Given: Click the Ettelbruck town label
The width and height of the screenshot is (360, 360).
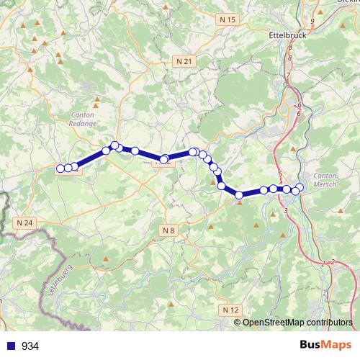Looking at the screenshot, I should (x=289, y=34).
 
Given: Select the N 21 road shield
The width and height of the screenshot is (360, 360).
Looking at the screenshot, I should (x=184, y=62).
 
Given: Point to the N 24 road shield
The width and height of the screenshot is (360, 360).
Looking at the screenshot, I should (x=24, y=223).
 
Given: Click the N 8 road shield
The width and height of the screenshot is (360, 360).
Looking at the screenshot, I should (x=168, y=230).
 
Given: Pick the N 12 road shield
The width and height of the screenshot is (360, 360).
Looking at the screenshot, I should (x=231, y=310).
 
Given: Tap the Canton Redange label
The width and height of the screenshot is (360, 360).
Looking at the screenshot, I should (x=84, y=119).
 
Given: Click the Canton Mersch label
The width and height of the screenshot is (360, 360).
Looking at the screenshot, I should (x=325, y=179).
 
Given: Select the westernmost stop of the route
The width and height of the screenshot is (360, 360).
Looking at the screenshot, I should (x=60, y=168).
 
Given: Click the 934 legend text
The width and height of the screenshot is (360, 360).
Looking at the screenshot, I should (x=30, y=346).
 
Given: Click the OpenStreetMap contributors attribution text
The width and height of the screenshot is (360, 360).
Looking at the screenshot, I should (x=297, y=322).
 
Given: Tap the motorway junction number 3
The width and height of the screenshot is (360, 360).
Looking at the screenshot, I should (x=287, y=210).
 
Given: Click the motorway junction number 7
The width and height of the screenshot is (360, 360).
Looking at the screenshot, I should (x=287, y=76).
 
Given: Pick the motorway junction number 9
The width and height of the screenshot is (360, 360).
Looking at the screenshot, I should (x=312, y=21).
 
